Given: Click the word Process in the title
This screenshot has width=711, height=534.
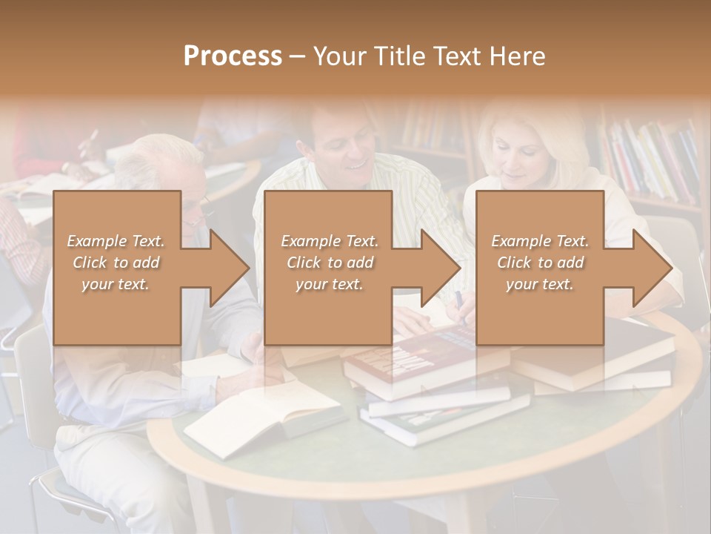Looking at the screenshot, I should tap(233, 56).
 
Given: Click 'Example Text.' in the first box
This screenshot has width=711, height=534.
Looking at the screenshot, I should tap(116, 241).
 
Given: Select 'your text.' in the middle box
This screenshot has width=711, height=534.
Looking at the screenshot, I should tap(329, 284).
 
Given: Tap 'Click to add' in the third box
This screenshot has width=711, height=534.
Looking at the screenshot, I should tap(540, 263).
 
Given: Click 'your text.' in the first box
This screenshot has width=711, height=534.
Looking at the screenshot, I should tap(116, 284).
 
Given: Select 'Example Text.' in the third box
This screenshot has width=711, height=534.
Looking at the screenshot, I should tap(540, 241).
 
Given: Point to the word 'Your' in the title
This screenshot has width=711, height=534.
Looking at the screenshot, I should tap(338, 56).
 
